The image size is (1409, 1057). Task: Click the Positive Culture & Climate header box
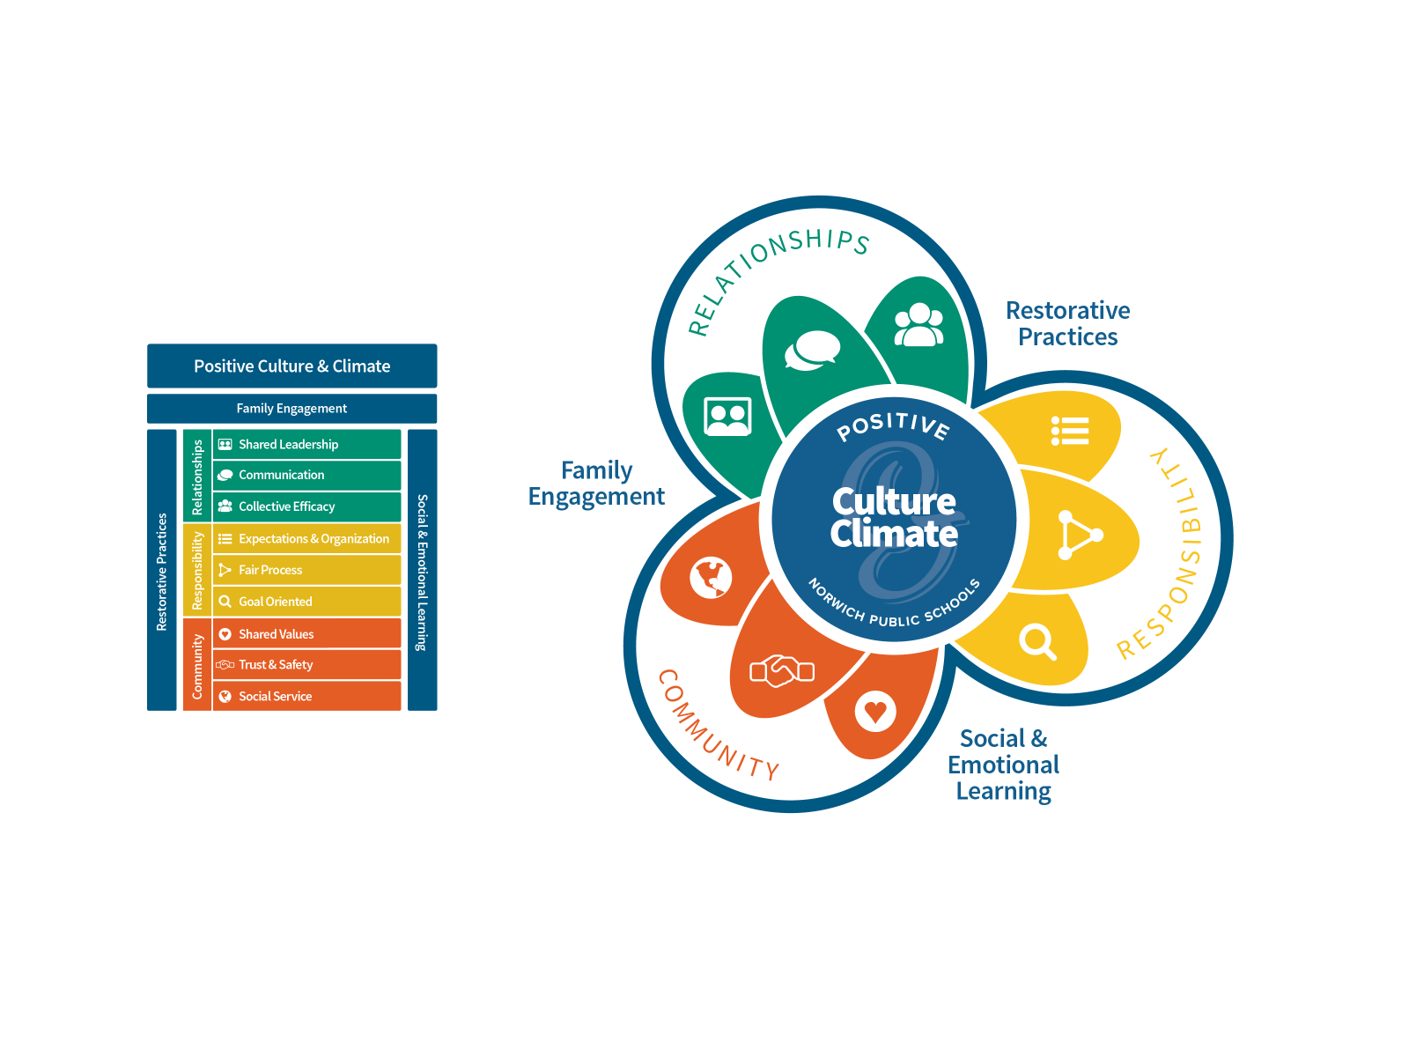click(x=291, y=366)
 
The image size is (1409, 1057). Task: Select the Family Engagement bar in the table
click(x=291, y=409)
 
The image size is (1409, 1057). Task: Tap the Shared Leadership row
click(x=306, y=444)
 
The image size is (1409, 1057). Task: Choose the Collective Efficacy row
click(x=306, y=506)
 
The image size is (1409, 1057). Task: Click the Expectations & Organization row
click(x=306, y=538)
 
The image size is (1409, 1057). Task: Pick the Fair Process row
click(x=306, y=570)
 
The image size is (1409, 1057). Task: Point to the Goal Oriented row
click(x=306, y=602)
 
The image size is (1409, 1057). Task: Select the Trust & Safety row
click(x=306, y=665)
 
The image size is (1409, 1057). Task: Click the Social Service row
click(x=306, y=696)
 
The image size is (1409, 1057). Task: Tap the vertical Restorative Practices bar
click(x=162, y=570)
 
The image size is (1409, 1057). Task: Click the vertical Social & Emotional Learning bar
click(x=423, y=570)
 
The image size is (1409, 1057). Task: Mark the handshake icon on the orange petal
click(x=782, y=671)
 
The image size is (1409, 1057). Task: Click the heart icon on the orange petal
click(x=875, y=711)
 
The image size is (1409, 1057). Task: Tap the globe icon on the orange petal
click(x=712, y=578)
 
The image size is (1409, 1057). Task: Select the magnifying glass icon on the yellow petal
click(x=1037, y=641)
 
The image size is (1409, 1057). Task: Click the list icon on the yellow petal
click(x=1070, y=431)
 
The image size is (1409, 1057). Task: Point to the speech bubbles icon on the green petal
click(x=812, y=350)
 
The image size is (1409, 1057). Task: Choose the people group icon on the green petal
click(x=918, y=325)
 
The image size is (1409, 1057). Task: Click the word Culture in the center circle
click(x=894, y=501)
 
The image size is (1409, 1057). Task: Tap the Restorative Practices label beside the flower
click(x=1067, y=323)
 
